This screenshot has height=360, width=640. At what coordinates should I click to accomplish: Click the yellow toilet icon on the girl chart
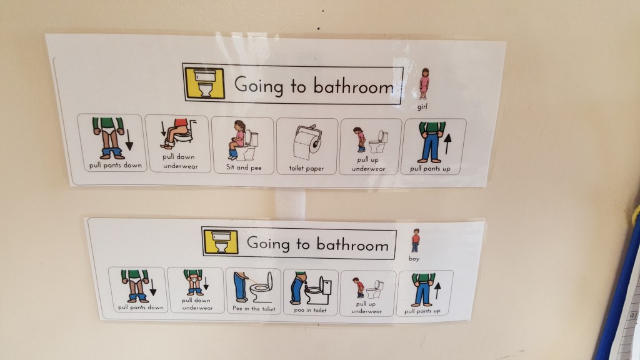[x=202, y=82]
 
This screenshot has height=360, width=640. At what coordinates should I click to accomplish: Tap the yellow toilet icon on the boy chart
[x=221, y=241]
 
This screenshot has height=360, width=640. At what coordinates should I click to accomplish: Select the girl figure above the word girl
[x=425, y=84]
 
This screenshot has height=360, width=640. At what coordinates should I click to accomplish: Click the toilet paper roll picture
[x=307, y=142]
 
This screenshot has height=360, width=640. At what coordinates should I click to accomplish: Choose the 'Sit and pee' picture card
[x=242, y=145]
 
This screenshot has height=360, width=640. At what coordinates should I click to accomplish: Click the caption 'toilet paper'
[x=307, y=168]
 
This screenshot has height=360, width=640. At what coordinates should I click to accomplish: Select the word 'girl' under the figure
[x=425, y=107]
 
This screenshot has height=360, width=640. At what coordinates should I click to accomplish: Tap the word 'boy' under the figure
[x=414, y=257]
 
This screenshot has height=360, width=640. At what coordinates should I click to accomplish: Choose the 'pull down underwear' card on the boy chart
[x=195, y=291]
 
